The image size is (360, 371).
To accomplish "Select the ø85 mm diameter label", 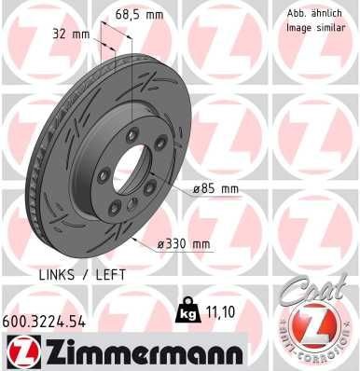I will (215, 188).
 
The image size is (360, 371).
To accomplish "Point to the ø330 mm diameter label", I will (183, 244).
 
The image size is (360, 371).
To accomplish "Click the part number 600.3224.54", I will (47, 320).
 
